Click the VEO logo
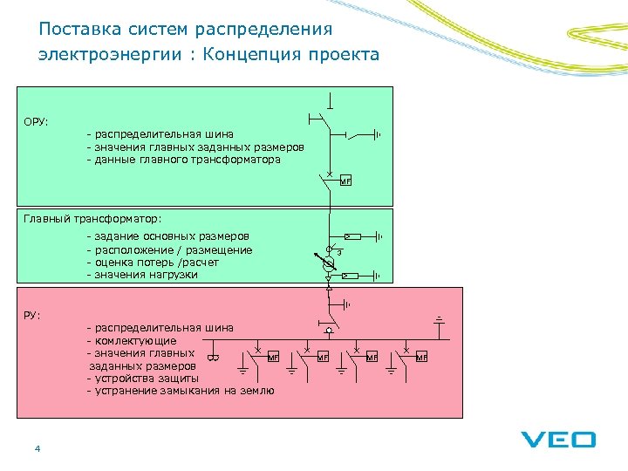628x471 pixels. tap(559, 440)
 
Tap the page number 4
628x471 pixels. tap(37, 448)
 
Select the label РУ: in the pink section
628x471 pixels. tap(32, 314)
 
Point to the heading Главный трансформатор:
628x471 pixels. tap(92, 218)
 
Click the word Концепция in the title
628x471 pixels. tap(255, 55)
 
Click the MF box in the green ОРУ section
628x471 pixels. tap(345, 181)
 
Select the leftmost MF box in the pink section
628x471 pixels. tap(272, 357)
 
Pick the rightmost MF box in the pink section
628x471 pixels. tap(422, 357)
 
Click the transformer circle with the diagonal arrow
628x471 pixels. tap(329, 263)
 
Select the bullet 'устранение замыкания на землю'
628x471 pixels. tap(181, 391)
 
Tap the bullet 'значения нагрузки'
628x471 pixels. tap(142, 275)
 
